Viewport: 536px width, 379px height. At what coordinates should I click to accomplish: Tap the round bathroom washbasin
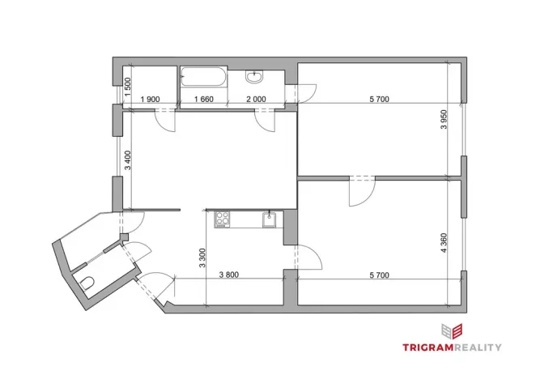255,78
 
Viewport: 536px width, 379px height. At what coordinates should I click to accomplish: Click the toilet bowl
87,283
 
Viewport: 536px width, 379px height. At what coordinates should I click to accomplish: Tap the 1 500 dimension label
128,86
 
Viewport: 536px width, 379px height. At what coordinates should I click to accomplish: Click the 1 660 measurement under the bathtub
202,100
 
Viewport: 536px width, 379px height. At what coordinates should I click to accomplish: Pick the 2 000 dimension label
255,100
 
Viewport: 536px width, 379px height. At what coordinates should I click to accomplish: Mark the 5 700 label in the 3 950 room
379,100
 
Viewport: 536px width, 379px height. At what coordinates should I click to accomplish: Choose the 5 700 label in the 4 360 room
379,275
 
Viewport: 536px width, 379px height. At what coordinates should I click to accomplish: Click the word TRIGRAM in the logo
432,347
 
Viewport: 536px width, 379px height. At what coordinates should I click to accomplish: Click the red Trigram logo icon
452,330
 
